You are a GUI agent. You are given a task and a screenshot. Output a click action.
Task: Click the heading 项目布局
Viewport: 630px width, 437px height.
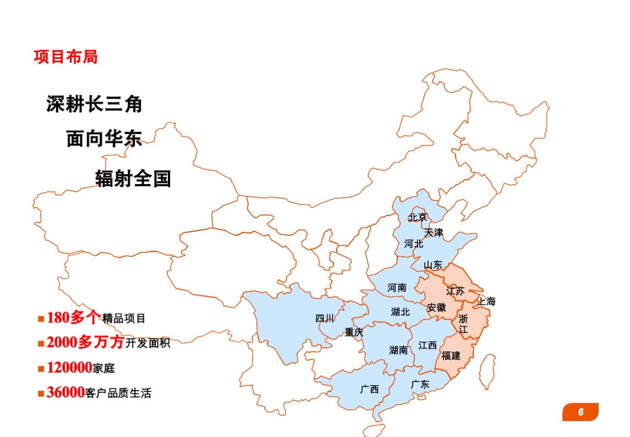[x=65, y=57]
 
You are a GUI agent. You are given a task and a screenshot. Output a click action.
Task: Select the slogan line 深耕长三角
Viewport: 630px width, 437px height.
[x=94, y=104]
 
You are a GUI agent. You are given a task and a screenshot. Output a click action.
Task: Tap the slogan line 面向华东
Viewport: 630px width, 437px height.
[x=104, y=139]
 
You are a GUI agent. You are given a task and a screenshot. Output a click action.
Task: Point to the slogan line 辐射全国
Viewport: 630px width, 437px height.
[x=133, y=179]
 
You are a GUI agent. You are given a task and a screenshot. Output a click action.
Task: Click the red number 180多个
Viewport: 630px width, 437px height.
[x=74, y=317]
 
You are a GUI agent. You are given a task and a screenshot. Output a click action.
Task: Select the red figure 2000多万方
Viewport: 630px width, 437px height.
[x=85, y=342]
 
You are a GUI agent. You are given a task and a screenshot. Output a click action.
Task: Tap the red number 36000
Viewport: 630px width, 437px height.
[x=65, y=392]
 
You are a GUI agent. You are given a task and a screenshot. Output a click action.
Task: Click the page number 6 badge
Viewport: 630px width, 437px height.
[x=580, y=412]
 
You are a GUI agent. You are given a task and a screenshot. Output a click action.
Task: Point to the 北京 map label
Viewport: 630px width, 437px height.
[x=417, y=217]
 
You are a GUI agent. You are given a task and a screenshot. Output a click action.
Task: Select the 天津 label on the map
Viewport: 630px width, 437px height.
[x=434, y=233]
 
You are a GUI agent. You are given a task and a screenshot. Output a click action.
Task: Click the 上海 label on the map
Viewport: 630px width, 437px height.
[x=486, y=301]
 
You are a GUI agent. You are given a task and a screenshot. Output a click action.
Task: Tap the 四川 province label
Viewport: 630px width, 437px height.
[x=324, y=318]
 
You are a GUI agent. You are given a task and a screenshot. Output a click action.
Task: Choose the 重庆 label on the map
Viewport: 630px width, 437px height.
[x=354, y=332]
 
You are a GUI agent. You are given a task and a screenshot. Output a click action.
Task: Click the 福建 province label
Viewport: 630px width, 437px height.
[x=451, y=355]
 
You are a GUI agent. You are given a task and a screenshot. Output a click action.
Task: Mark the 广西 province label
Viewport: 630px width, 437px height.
[x=369, y=389]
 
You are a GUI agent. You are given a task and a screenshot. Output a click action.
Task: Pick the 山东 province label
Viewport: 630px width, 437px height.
[x=433, y=265]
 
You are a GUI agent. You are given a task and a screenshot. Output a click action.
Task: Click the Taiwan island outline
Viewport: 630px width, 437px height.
[x=486, y=370]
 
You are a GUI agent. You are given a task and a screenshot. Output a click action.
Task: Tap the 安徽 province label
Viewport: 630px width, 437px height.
[x=436, y=307]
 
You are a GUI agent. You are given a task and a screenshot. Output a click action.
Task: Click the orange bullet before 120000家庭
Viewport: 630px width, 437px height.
[x=41, y=368]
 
